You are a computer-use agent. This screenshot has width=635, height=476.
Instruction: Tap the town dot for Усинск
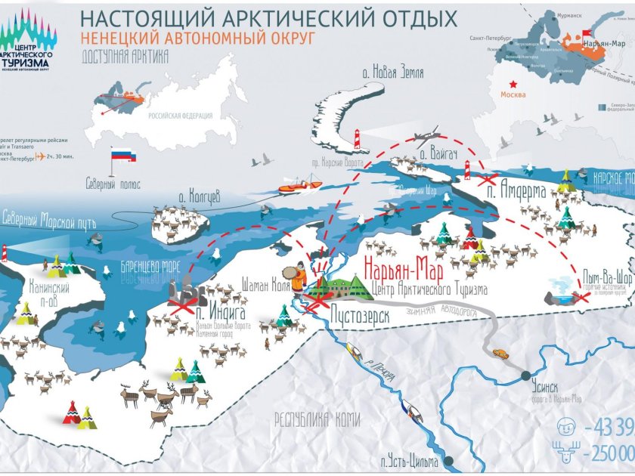[524, 372]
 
